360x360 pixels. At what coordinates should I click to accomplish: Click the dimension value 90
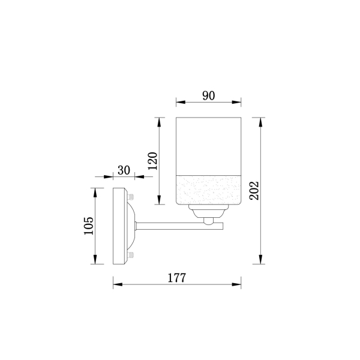click(x=208, y=96)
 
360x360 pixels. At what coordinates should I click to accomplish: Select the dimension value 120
click(x=152, y=161)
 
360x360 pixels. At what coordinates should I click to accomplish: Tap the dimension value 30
click(x=124, y=170)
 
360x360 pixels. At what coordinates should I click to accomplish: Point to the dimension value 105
click(x=89, y=226)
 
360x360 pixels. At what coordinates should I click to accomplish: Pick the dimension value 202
click(x=254, y=191)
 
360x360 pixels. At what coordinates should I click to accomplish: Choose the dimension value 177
click(x=176, y=278)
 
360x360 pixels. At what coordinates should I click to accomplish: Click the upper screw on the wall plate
click(x=131, y=197)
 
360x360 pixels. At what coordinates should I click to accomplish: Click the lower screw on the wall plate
click(x=131, y=254)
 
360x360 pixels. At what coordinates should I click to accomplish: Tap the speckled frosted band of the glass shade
click(x=208, y=190)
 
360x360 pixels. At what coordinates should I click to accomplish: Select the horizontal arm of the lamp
click(x=179, y=226)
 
